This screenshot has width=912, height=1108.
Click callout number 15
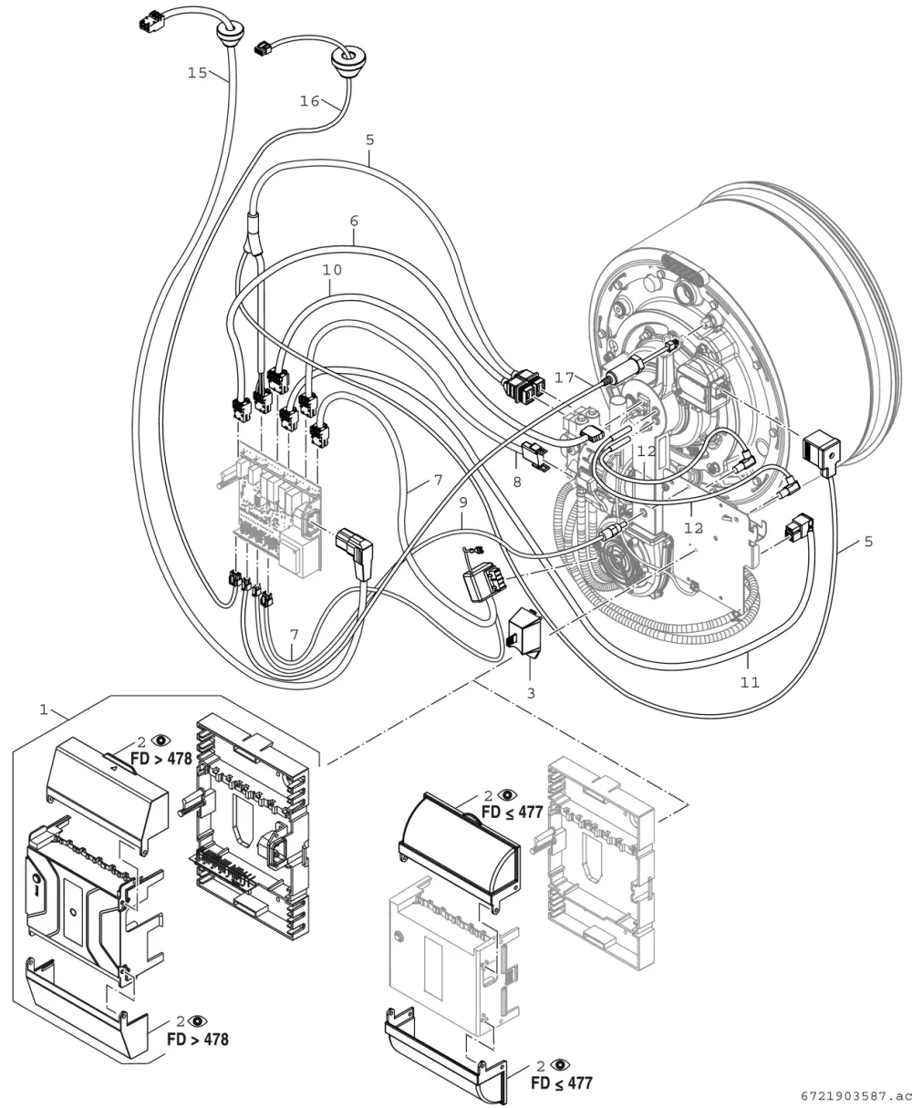coord(198,73)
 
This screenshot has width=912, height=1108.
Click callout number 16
coord(309,100)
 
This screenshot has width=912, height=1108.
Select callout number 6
coord(354,222)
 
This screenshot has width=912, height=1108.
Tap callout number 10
coord(332,270)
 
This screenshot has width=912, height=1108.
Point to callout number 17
coord(565,378)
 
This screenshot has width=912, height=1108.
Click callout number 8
coord(517,482)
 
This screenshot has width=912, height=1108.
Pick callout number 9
coord(462,502)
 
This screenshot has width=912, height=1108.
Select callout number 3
coord(531,693)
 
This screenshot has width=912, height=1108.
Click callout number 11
coord(751,682)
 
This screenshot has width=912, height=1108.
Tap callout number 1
coord(44,709)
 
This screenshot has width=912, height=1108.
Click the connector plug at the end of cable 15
coord(152,22)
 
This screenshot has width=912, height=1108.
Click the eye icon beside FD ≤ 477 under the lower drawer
coord(561,1064)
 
